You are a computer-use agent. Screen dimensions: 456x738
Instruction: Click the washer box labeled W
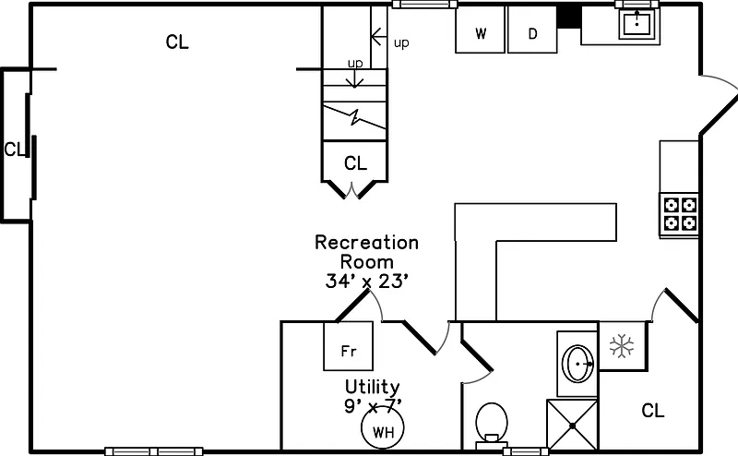click(481, 33)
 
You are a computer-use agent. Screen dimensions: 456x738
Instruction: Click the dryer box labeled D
click(532, 33)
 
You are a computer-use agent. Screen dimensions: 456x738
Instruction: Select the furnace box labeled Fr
click(349, 351)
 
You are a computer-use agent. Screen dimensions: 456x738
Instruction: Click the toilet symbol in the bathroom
click(492, 424)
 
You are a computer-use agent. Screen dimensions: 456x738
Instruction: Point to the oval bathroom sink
click(578, 365)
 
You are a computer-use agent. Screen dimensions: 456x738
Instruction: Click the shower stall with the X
click(573, 426)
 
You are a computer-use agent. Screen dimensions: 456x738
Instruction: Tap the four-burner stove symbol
click(679, 213)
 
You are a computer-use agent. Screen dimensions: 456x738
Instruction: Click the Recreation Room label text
click(366, 252)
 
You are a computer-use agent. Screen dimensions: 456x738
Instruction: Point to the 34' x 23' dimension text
click(366, 282)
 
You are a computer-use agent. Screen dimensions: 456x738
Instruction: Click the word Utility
click(372, 387)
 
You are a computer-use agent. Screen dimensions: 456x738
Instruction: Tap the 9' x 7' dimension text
click(372, 404)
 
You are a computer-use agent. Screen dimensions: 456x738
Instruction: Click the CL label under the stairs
click(355, 164)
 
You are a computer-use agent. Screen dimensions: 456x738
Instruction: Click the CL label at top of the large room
click(177, 42)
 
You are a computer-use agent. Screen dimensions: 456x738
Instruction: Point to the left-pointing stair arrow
click(378, 37)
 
